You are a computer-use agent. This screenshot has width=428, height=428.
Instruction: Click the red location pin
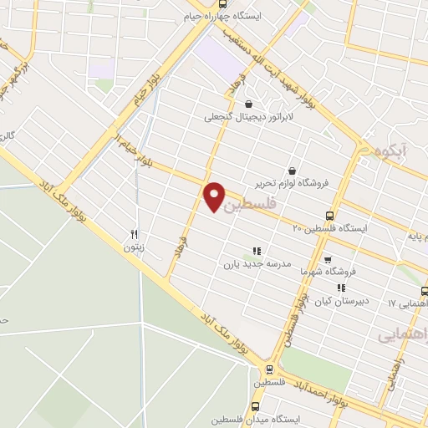pyautogui.click(x=215, y=196)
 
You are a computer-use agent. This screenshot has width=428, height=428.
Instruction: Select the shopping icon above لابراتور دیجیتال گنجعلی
pyautogui.click(x=248, y=104)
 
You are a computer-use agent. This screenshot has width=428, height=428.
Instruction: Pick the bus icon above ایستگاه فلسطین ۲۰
pyautogui.click(x=330, y=215)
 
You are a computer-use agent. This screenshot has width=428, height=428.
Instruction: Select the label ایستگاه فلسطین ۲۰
pyautogui.click(x=329, y=227)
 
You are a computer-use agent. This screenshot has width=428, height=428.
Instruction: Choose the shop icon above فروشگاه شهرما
pyautogui.click(x=327, y=259)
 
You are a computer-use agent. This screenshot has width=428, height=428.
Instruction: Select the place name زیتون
pyautogui.click(x=134, y=247)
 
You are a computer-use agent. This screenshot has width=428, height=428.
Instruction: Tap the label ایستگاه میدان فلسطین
pyautogui.click(x=252, y=419)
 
